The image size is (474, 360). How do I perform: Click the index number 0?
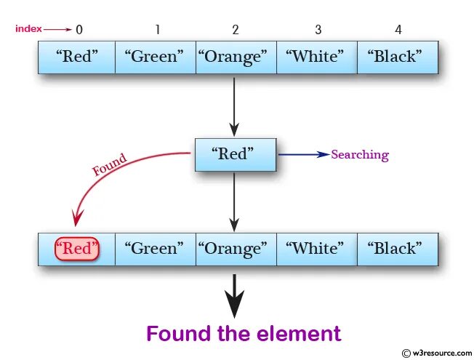(79, 30)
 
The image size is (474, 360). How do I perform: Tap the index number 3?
(318, 30)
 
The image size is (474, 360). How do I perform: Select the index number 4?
(398, 30)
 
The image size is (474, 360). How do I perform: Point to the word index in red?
(28, 29)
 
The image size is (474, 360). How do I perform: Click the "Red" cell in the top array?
(76, 57)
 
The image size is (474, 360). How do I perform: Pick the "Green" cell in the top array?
(156, 57)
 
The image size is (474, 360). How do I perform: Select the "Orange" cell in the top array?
(236, 57)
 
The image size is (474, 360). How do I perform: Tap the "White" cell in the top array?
(316, 57)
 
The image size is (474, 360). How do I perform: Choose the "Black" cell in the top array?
(397, 57)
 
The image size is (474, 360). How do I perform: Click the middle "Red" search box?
(235, 154)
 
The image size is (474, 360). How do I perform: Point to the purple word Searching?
(360, 155)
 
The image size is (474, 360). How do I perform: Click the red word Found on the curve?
(110, 164)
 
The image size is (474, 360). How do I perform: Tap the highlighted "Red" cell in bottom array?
(76, 249)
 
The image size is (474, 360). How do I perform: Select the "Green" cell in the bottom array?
(156, 249)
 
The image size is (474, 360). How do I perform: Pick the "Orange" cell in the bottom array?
(236, 249)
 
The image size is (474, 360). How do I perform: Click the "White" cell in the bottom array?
(316, 249)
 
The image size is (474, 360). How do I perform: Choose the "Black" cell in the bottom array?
(397, 249)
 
